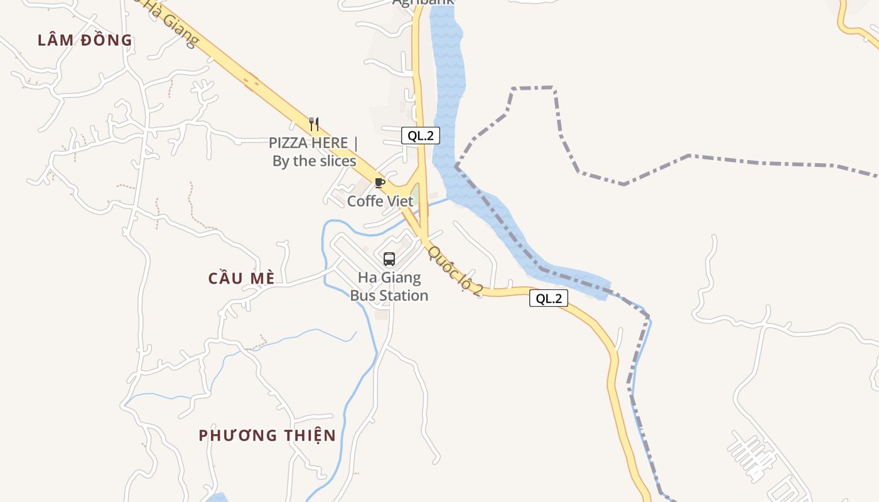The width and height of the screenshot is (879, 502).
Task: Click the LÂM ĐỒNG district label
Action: click(x=85, y=40)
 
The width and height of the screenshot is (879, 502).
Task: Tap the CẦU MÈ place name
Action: click(x=242, y=278)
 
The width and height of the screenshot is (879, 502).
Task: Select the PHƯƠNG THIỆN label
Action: click(x=267, y=435)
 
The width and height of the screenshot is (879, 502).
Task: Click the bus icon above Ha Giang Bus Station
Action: click(x=389, y=259)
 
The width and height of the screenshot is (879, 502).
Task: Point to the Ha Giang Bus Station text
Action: click(x=389, y=286)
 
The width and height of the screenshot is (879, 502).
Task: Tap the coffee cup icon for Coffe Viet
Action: click(x=379, y=183)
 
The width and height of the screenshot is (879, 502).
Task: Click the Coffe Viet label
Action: click(x=380, y=201)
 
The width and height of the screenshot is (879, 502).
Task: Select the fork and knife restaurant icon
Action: click(x=314, y=124)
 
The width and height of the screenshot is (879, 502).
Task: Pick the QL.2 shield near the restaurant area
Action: click(x=421, y=136)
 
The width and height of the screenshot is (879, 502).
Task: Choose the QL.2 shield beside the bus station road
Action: click(x=549, y=299)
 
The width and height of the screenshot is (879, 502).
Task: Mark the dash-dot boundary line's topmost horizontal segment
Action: click(x=534, y=88)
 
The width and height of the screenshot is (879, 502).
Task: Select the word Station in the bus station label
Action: click(x=407, y=296)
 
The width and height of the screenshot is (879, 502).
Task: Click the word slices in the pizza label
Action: click(x=332, y=161)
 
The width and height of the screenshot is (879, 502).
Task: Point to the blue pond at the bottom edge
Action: click(x=217, y=498)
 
